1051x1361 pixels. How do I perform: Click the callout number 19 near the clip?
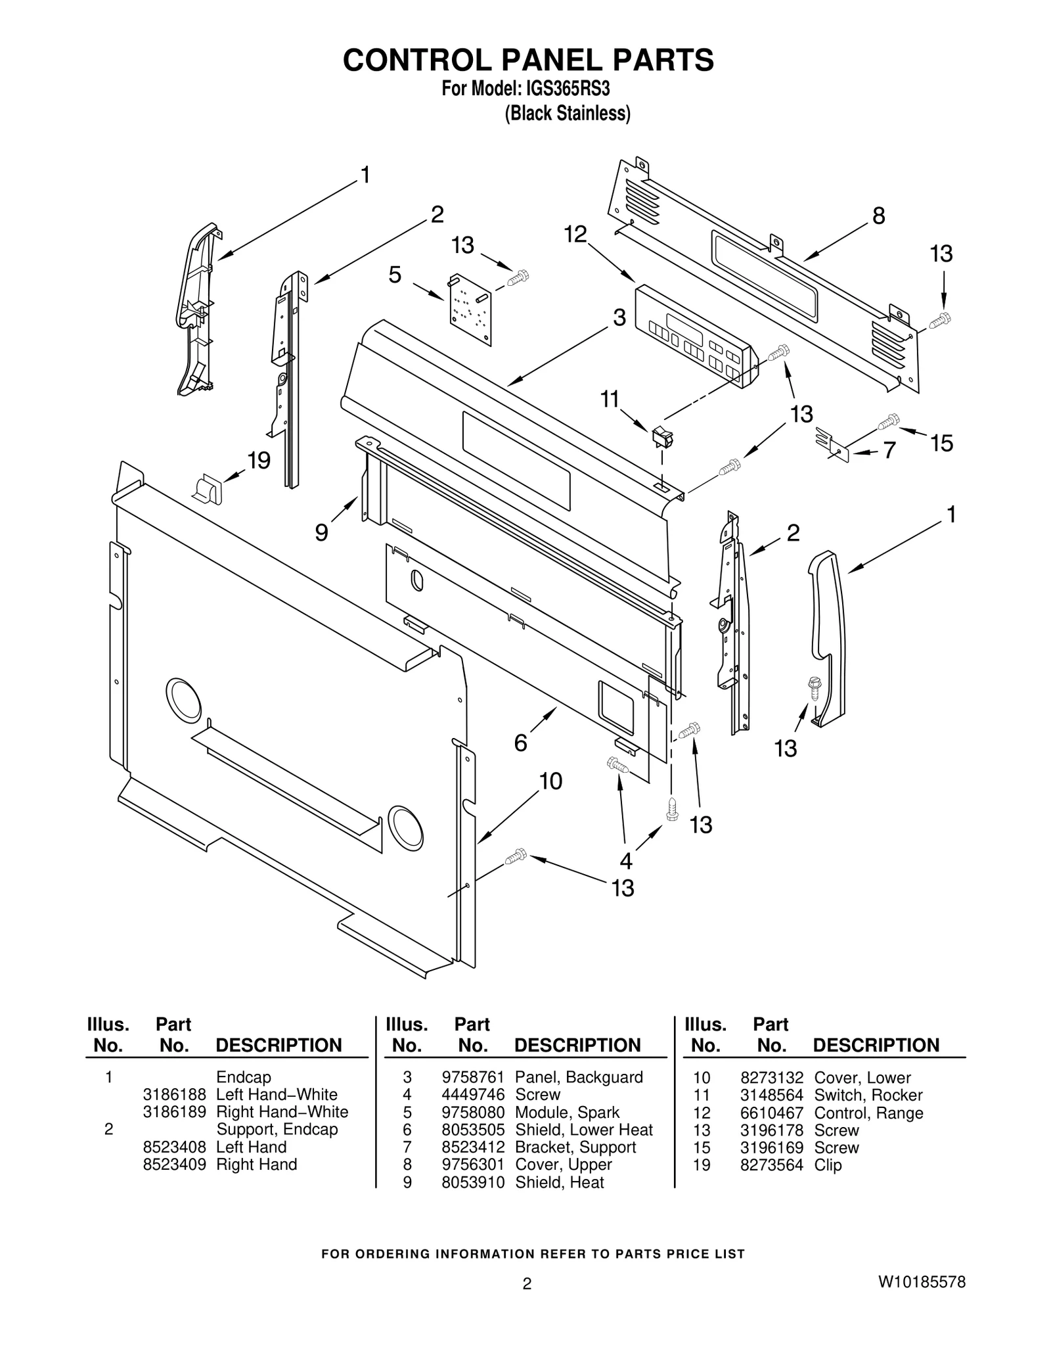[x=259, y=461]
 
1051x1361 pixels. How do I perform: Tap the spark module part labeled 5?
[x=470, y=308]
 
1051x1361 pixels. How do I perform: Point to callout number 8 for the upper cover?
[x=878, y=216]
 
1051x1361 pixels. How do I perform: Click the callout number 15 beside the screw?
[x=941, y=443]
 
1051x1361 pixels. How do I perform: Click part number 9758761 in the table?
[x=472, y=1077]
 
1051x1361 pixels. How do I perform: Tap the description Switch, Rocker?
[x=868, y=1095]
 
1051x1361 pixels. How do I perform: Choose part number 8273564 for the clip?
[x=771, y=1165]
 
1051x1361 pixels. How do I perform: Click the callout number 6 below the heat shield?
[x=520, y=743]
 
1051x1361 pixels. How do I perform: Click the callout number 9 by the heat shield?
[x=321, y=532]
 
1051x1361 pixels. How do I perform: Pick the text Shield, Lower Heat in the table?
[x=583, y=1130]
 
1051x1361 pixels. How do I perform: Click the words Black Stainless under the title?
[x=567, y=114]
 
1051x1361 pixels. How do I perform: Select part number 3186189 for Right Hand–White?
[x=174, y=1112]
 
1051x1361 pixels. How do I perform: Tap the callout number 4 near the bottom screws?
[x=625, y=860]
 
